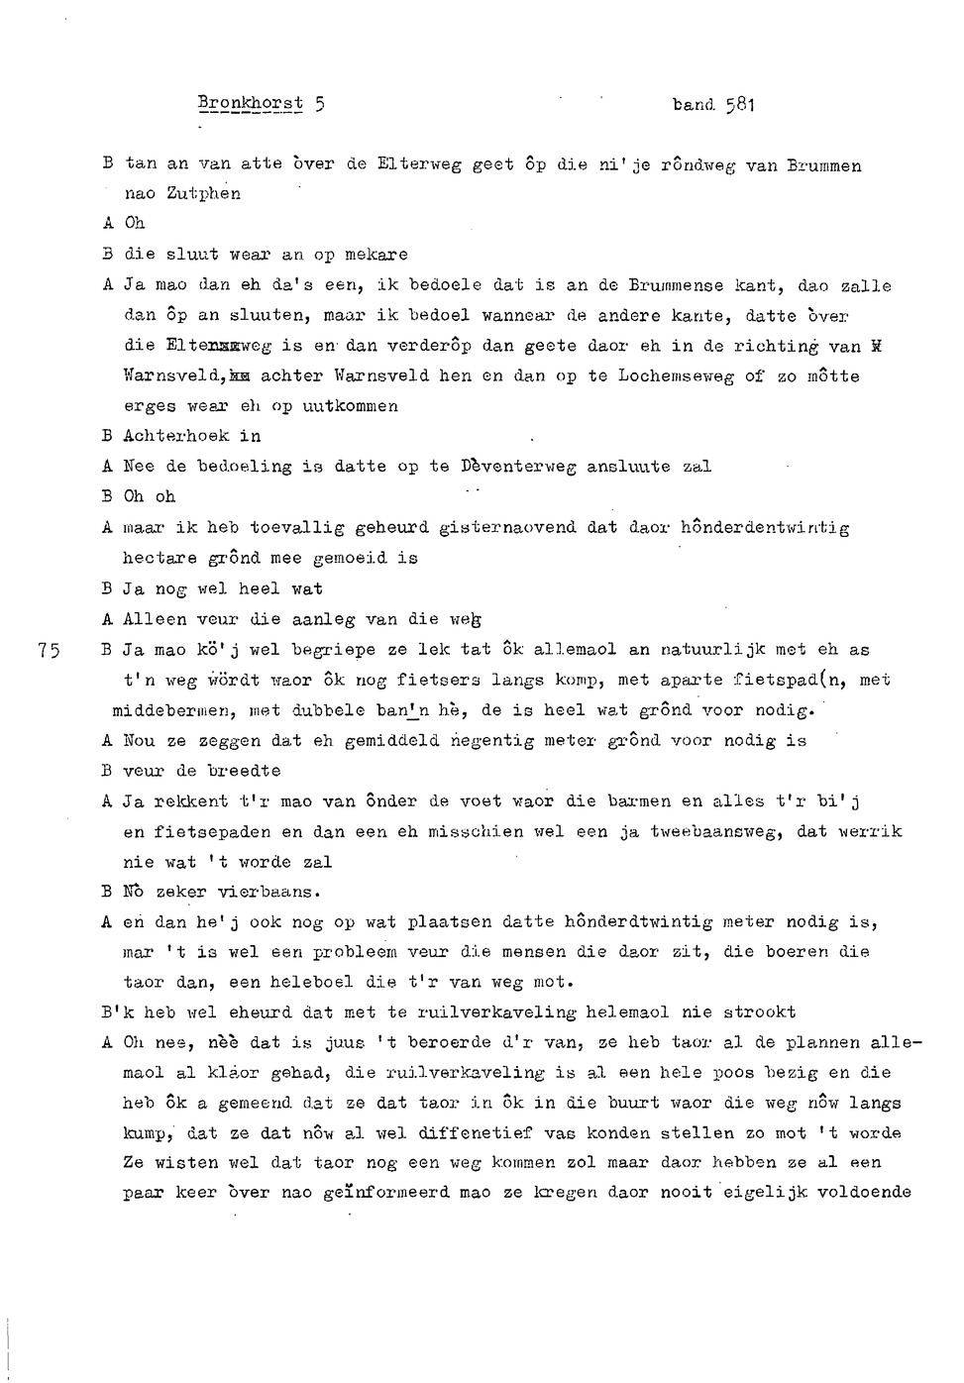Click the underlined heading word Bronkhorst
tap(251, 103)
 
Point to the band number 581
tap(740, 103)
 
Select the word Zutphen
tap(203, 194)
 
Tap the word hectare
tap(160, 559)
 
